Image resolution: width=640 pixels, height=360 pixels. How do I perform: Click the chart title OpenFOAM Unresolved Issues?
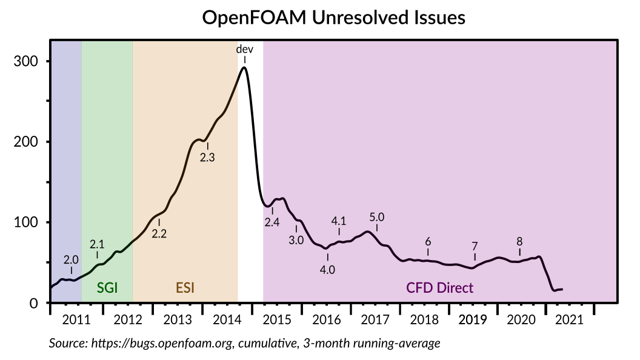[x=333, y=18]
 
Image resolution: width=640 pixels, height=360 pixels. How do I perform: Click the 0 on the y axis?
[x=34, y=303]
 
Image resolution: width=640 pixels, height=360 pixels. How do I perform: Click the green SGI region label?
[x=107, y=287]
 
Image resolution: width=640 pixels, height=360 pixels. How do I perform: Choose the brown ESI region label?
[x=185, y=287]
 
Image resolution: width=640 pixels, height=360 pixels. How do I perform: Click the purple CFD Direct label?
[x=439, y=287]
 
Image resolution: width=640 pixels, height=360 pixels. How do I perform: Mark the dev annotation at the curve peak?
[x=244, y=49]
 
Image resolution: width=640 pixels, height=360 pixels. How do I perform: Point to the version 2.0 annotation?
[x=72, y=259]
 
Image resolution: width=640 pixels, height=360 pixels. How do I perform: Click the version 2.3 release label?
[x=207, y=157]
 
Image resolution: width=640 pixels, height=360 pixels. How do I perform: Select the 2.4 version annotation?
[x=272, y=222]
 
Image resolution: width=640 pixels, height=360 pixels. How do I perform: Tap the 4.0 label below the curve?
[x=327, y=270]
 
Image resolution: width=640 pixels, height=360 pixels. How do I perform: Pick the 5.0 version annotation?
[x=377, y=217]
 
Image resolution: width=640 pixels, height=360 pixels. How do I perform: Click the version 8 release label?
[x=519, y=241]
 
